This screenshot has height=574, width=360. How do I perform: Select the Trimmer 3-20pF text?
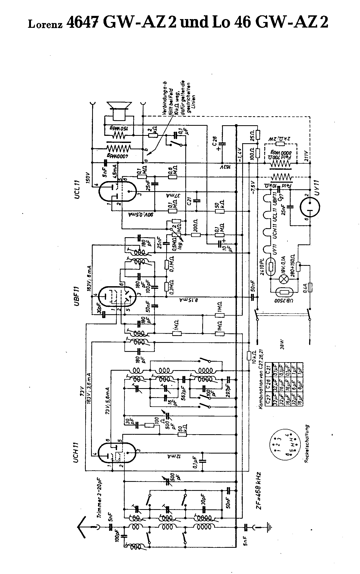point(101,493)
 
